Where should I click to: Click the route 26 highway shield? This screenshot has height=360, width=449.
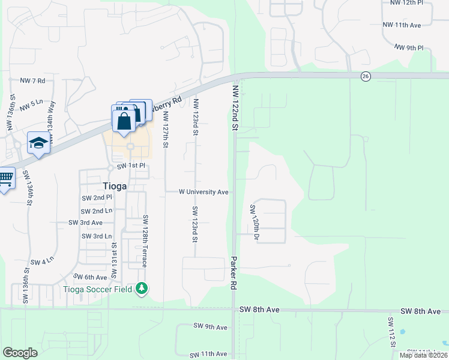[x=365, y=76]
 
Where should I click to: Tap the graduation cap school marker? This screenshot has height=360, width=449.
[x=37, y=143]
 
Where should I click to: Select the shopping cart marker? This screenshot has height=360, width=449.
[x=5, y=178]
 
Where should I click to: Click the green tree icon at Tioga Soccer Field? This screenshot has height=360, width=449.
[x=142, y=289]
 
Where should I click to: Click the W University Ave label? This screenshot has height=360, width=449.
[x=203, y=192]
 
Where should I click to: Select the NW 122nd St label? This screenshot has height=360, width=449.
[x=235, y=108]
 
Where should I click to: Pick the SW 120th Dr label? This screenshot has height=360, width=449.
[x=255, y=223]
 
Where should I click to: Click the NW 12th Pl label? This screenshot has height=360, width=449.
[x=417, y=2]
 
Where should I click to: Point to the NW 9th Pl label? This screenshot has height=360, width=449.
[x=409, y=47]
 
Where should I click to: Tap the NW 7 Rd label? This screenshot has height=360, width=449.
[x=32, y=80]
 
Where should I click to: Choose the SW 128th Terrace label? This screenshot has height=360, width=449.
[x=145, y=241]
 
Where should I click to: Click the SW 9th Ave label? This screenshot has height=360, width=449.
[x=210, y=327]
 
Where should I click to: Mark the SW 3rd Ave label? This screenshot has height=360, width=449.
[x=85, y=223]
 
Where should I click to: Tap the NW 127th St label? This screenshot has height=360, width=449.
[x=166, y=129]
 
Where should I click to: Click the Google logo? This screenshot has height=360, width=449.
[x=20, y=353]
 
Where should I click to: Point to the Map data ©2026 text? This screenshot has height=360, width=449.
[x=423, y=355]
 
